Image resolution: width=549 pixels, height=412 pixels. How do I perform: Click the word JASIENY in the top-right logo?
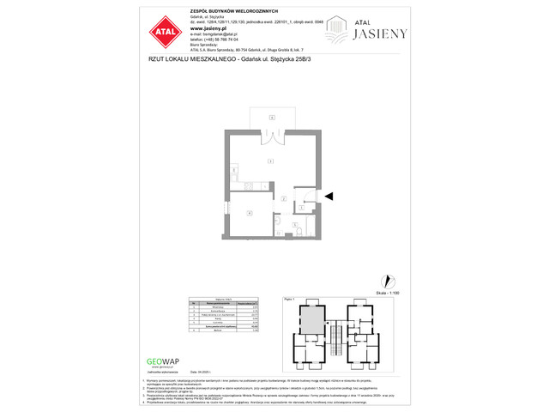tap(381, 33)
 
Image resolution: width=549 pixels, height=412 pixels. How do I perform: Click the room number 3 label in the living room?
tap(271, 161)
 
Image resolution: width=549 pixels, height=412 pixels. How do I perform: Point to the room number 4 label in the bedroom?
tap(249, 211)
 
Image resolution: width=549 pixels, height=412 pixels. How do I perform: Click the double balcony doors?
tap(271, 136)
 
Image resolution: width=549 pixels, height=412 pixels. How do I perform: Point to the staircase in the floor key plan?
tap(336, 325)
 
